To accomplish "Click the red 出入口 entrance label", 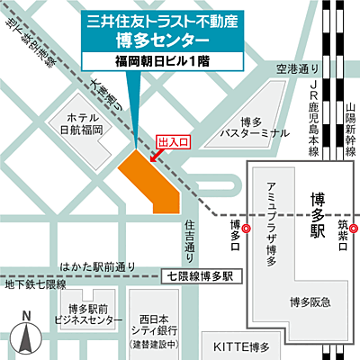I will (174, 143).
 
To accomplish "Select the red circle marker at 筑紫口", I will (354, 229).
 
